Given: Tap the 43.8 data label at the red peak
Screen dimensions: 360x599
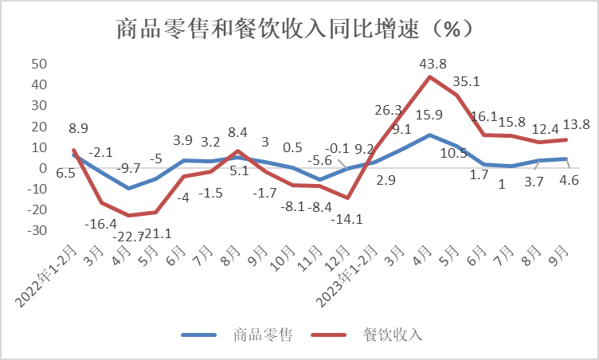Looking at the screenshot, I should (431, 64).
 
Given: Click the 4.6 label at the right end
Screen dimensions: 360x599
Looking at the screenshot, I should (569, 181).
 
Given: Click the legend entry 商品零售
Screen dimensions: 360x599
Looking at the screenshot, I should (264, 335).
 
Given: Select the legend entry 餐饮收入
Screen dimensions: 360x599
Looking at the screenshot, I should (393, 335).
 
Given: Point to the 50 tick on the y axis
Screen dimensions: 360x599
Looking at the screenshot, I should (39, 64).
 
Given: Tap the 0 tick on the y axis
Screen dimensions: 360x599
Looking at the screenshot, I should (44, 168).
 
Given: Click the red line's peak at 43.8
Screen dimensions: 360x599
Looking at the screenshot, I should (430, 77).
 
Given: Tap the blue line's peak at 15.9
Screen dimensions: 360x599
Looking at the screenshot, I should (430, 135).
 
